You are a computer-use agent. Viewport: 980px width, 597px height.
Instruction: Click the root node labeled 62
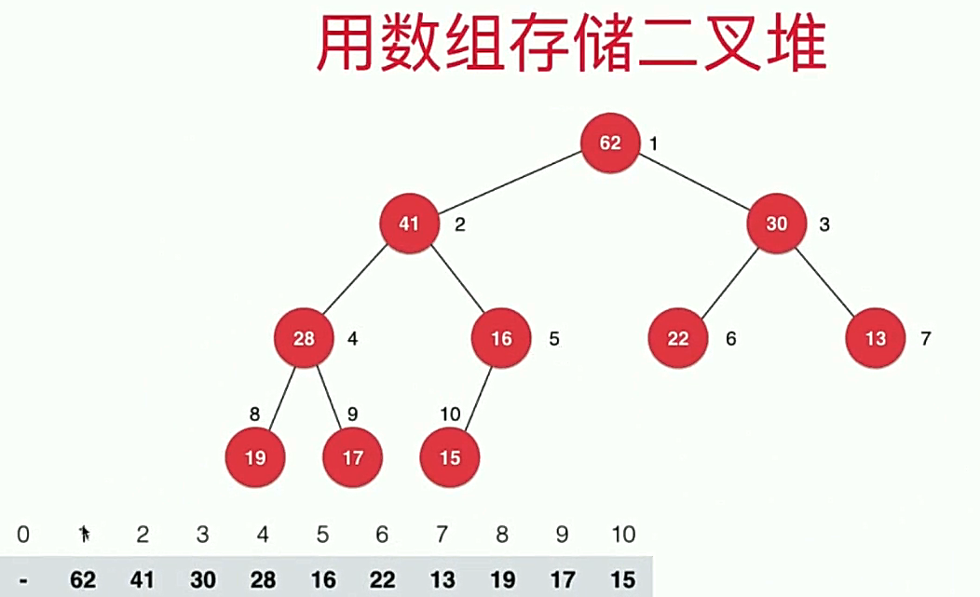610,143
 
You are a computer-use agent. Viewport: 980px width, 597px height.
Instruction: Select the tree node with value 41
409,224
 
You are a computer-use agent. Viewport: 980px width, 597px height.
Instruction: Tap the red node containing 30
776,224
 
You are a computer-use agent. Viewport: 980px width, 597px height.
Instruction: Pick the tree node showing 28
304,338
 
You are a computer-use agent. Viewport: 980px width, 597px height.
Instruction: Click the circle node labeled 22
678,338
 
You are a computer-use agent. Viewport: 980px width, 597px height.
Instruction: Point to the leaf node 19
254,457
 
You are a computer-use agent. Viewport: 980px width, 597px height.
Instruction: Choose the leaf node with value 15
450,457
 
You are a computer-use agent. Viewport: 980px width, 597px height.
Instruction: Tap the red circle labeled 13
876,338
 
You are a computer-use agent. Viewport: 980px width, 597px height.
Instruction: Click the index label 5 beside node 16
554,339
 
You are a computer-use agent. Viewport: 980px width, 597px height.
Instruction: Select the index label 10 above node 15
451,414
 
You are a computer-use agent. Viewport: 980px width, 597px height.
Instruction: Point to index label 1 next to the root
654,144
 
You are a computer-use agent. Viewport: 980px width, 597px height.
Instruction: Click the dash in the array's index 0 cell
23,579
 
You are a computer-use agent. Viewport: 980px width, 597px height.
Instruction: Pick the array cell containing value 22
382,579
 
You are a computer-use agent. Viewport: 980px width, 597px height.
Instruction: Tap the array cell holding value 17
562,579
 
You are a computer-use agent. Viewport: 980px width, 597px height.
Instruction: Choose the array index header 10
623,535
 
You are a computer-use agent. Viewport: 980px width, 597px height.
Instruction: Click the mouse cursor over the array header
84,534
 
